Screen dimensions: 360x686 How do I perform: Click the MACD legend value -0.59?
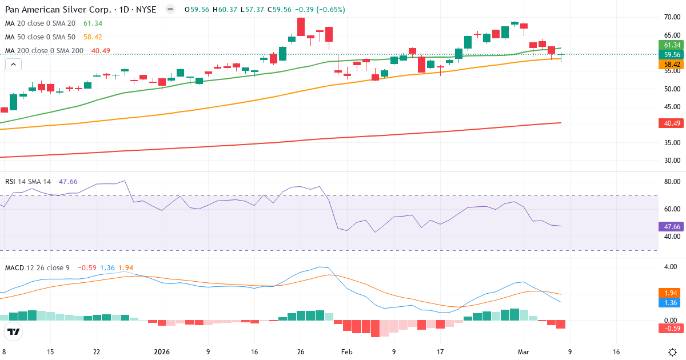coord(87,267)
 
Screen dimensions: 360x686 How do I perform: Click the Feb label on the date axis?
coord(347,352)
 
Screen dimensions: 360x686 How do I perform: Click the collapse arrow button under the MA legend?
coord(13,65)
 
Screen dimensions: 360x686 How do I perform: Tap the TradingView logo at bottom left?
coord(14,331)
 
